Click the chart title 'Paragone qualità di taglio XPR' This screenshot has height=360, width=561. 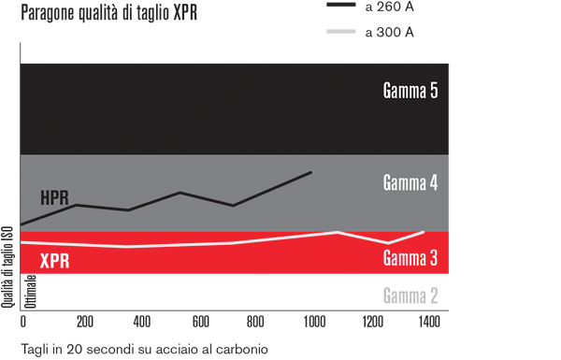click(108, 15)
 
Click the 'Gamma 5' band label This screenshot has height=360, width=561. click(410, 92)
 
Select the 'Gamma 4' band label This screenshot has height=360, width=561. click(410, 182)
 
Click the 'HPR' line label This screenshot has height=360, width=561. click(55, 197)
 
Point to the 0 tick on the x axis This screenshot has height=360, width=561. click(22, 322)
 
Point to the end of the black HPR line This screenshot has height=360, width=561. click(311, 172)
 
